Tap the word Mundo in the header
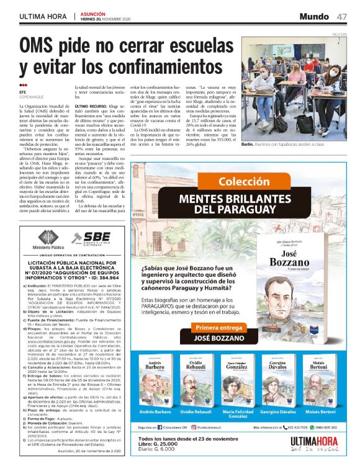point(314,16)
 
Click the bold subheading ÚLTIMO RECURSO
point(91,106)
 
